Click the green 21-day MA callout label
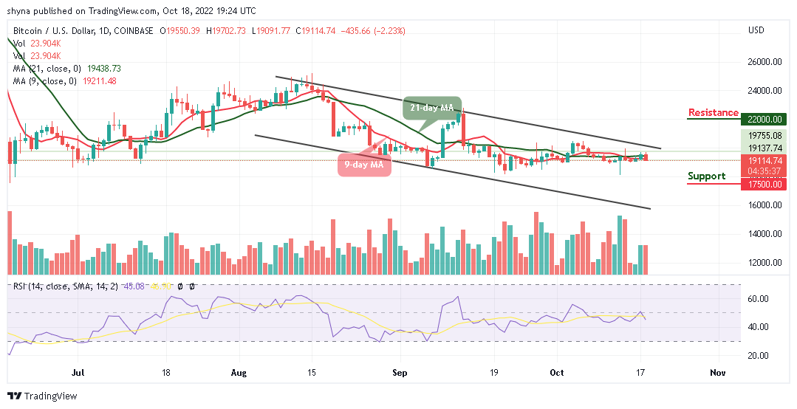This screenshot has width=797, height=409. tap(432, 108)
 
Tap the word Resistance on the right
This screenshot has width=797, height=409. tap(713, 113)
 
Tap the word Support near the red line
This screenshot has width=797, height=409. tap(706, 176)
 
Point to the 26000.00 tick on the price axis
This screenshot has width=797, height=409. tap(764, 62)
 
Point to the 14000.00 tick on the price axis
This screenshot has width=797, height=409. tap(764, 234)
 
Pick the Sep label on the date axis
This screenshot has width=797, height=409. tap(400, 374)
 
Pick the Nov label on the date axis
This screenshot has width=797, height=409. tap(717, 374)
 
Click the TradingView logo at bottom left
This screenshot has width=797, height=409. tap(42, 396)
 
